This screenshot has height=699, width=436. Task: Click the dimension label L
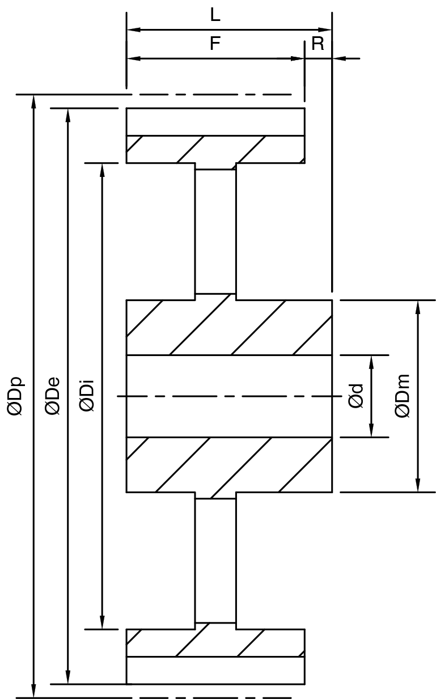(x=215, y=15)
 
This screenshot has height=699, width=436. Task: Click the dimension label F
(x=215, y=43)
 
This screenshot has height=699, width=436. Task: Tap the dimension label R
(x=318, y=44)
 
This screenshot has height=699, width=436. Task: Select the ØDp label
(x=15, y=397)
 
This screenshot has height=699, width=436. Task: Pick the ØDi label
(x=87, y=395)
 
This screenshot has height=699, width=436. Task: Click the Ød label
(x=356, y=396)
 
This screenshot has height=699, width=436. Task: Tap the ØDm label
(x=402, y=396)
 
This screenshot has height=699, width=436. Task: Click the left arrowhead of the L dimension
(x=134, y=30)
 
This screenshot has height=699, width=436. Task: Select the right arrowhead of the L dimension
(x=324, y=30)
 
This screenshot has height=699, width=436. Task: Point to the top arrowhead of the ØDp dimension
(x=33, y=101)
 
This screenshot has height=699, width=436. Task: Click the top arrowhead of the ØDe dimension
(x=68, y=116)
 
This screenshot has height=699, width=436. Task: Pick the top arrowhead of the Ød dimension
(x=371, y=362)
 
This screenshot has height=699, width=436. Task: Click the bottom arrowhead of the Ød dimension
(x=371, y=430)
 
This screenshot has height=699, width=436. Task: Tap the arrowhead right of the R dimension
(x=339, y=58)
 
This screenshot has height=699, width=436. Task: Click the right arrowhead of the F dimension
(x=298, y=58)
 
